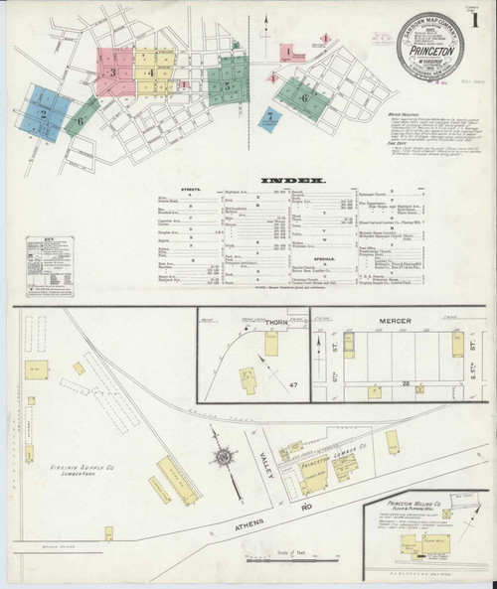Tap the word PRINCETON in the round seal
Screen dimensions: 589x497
pyautogui.click(x=430, y=48)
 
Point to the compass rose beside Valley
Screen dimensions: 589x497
pyautogui.click(x=223, y=457)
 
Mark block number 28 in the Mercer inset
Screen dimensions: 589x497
pyautogui.click(x=406, y=382)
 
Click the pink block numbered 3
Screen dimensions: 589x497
pyautogui.click(x=113, y=73)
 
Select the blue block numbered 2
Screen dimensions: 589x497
pyautogui.click(x=44, y=113)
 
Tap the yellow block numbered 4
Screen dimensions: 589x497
pyautogui.click(x=150, y=73)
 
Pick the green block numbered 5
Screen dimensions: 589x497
pyautogui.click(x=228, y=85)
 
